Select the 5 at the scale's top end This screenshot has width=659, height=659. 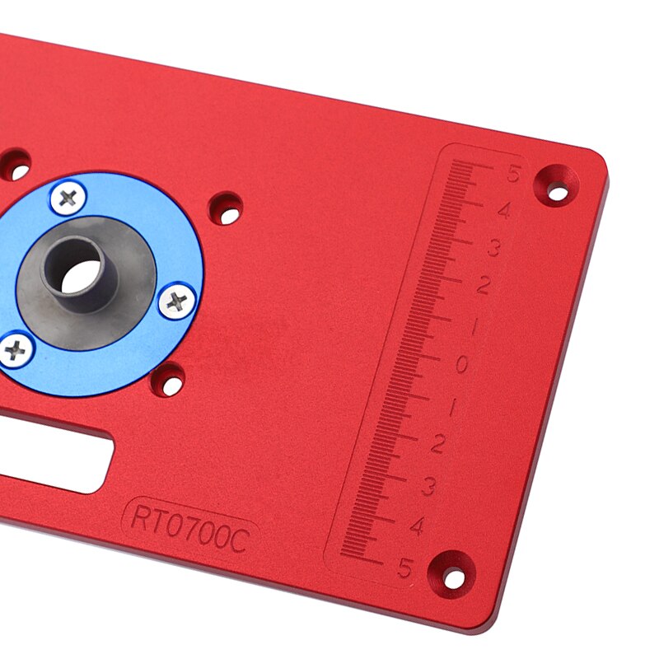[515, 175]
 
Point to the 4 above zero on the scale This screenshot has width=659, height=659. [503, 212]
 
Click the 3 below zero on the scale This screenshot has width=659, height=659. [428, 486]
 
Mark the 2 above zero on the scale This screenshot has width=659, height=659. [484, 286]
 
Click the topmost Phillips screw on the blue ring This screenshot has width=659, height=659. [68, 198]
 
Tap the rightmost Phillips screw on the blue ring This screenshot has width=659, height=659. [176, 301]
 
